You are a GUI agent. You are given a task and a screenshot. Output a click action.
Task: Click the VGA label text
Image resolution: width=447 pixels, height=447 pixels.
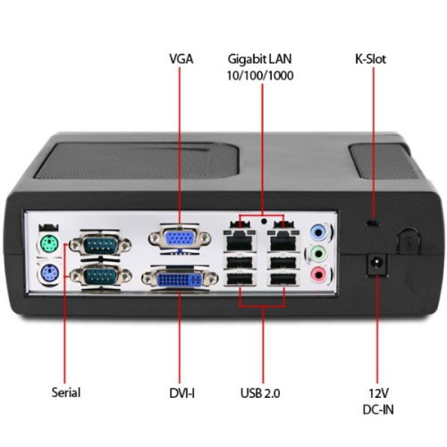coord(180,59)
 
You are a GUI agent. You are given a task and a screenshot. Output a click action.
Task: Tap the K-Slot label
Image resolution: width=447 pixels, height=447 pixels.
coord(370,59)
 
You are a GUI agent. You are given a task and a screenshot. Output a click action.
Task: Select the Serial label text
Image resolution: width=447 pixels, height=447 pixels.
coord(66,392)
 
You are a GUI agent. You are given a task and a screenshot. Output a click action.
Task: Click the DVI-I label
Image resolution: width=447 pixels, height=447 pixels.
coord(182,393)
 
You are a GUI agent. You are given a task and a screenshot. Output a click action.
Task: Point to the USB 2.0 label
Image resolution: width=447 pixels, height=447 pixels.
coord(260,393)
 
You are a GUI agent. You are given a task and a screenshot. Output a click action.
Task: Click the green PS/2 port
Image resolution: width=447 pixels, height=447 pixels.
coord(49,243)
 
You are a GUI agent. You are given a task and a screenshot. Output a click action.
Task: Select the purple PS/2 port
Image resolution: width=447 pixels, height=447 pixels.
coord(49,273)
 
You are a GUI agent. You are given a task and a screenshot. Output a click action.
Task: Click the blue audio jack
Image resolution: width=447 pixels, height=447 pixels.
coord(318,230)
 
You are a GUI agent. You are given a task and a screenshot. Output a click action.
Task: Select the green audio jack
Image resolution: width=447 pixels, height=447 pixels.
coord(318,253)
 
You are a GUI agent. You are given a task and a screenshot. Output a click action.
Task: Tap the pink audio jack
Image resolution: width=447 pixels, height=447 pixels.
coord(318,274)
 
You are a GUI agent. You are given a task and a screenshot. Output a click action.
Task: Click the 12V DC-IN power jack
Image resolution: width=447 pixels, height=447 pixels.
coord(376,263)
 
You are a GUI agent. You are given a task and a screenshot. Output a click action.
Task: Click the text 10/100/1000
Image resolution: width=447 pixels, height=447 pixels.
coord(260,75)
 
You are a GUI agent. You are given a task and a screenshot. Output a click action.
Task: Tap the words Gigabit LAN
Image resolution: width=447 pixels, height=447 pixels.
coord(260,59)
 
